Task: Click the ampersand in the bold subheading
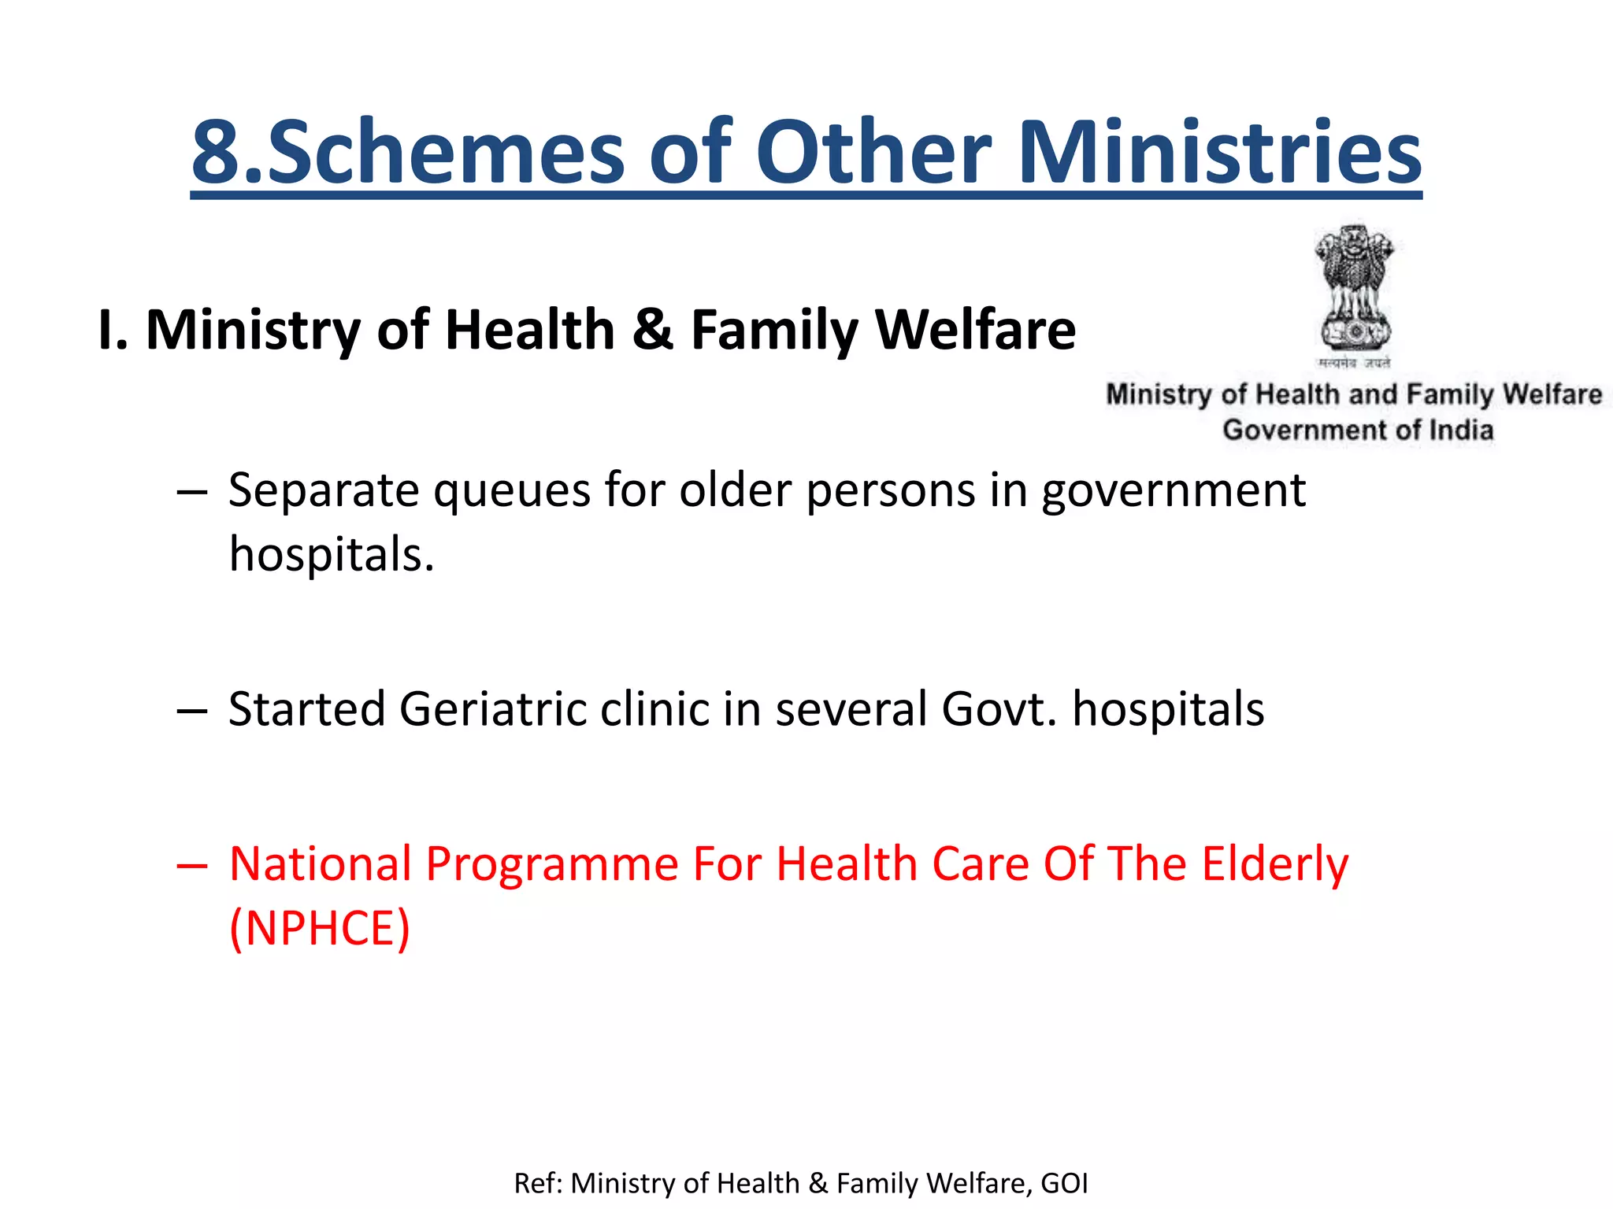click(652, 329)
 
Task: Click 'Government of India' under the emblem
click(1357, 430)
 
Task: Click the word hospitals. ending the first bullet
click(332, 554)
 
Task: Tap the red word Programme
click(552, 864)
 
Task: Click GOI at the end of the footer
click(1064, 1183)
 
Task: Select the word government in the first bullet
click(1173, 492)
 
